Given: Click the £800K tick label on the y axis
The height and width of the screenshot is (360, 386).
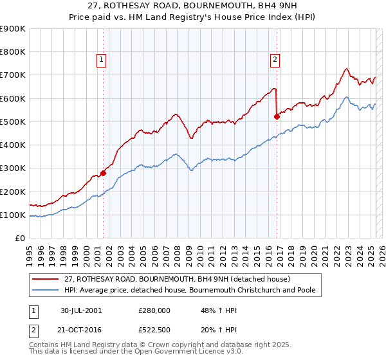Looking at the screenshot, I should pos(13,52).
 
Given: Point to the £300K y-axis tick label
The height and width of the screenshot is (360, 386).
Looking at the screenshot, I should pos(13,168).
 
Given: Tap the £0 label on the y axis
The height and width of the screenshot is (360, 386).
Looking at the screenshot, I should pos(19,239).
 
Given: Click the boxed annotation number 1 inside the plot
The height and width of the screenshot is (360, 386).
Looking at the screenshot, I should pos(102,60).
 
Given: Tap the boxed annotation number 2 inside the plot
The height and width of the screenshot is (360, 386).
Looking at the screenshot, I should pos(275,60).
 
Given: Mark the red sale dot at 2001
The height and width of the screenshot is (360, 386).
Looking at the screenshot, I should pos(104,173).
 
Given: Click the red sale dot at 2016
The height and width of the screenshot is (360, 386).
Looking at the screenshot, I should pos(277,116).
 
